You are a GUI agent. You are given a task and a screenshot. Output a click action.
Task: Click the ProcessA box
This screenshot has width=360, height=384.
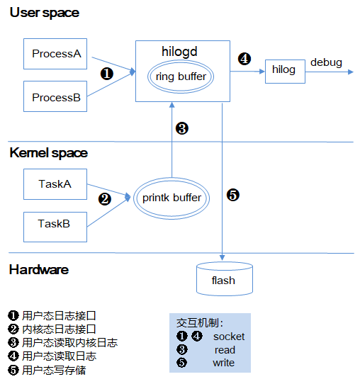click(55, 54)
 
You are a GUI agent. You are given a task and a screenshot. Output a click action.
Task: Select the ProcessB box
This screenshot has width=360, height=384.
click(55, 96)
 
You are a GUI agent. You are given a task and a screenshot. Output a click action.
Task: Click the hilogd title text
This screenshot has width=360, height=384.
click(179, 52)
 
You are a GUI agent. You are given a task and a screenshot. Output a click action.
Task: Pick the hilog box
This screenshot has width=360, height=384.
click(285, 72)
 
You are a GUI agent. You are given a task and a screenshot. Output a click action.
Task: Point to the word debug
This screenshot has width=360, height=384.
click(326, 62)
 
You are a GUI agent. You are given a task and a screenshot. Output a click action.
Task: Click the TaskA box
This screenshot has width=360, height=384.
click(55, 184)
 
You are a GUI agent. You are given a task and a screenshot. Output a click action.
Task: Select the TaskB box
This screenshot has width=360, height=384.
click(55, 227)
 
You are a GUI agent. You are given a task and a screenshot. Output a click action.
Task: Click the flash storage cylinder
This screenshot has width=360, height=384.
click(225, 278)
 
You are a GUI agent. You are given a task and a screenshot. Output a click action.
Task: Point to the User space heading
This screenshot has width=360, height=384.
click(45, 13)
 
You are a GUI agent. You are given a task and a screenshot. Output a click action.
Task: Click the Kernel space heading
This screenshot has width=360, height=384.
click(48, 153)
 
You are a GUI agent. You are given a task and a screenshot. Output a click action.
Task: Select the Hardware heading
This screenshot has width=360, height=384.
click(39, 270)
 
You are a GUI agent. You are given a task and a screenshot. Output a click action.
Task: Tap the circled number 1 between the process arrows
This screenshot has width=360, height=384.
click(107, 74)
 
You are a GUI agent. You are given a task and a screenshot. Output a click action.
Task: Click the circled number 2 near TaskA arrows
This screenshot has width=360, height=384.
click(105, 199)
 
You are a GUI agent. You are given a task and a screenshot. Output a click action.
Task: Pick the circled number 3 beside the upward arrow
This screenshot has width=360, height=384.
click(182, 128)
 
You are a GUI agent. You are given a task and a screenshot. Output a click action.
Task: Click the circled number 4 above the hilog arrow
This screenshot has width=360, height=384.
click(244, 59)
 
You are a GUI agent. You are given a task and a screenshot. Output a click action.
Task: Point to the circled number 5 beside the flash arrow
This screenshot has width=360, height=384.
click(233, 195)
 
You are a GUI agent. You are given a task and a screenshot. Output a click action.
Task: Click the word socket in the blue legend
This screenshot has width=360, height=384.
click(229, 337)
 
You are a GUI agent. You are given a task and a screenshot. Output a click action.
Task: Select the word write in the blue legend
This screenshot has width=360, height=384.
click(224, 363)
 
